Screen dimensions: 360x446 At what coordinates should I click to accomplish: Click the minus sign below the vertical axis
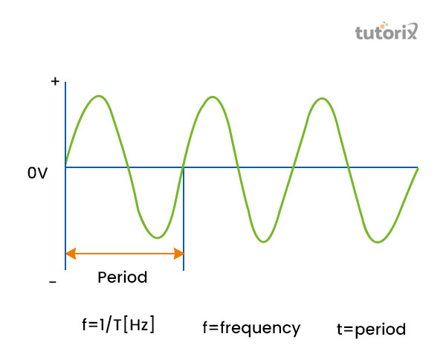(x=53, y=283)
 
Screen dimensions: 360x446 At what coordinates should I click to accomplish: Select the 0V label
(x=38, y=173)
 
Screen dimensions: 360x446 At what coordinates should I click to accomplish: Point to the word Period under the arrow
(x=123, y=277)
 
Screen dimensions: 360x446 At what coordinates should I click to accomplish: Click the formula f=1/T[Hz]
(x=118, y=324)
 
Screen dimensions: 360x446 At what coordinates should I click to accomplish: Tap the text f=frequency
(x=251, y=327)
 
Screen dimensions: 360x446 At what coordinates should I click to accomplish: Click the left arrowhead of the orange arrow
(x=70, y=254)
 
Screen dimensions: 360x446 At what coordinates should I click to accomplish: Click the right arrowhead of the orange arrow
(x=179, y=254)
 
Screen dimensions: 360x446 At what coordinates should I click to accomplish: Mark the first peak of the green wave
(x=99, y=96)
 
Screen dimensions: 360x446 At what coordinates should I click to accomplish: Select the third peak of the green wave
(x=322, y=97)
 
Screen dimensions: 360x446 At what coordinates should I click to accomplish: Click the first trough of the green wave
(x=156, y=238)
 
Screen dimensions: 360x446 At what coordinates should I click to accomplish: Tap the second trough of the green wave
(x=265, y=242)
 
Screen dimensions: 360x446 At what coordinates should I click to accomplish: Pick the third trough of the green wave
(x=378, y=242)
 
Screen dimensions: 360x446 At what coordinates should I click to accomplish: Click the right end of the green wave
(x=418, y=168)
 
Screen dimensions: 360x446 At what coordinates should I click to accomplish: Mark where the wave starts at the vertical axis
(x=66, y=164)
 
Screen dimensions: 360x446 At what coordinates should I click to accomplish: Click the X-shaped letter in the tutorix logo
(x=412, y=31)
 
